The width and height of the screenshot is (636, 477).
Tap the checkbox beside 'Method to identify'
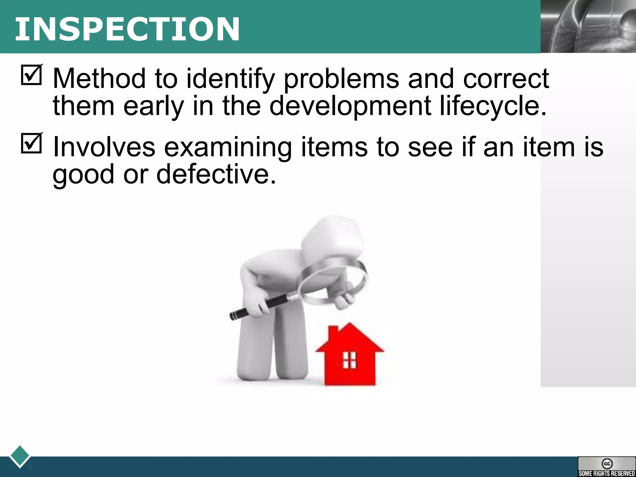point(31,75)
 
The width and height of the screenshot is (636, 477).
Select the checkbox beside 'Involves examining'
point(31,143)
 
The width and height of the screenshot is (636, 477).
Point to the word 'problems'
point(341,79)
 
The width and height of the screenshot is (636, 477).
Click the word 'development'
point(350,106)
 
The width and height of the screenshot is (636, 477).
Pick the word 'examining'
point(228,148)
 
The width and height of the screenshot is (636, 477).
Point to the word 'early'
point(154,106)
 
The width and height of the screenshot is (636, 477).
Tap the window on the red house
point(349,360)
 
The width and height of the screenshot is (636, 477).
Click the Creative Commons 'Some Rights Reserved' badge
point(606,466)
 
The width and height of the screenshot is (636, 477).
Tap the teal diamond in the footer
point(20,456)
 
